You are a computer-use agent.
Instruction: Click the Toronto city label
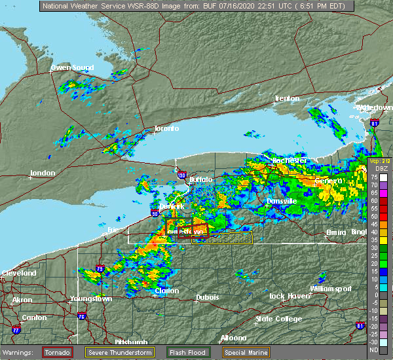(166, 128)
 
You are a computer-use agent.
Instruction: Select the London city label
(44, 173)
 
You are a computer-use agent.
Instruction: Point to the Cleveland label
(18, 273)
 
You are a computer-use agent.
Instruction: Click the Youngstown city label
(91, 298)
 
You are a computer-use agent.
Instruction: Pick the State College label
(278, 319)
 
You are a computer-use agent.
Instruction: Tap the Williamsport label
(330, 289)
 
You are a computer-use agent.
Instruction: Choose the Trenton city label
(287, 98)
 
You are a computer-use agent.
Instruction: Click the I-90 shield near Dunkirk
(155, 213)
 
